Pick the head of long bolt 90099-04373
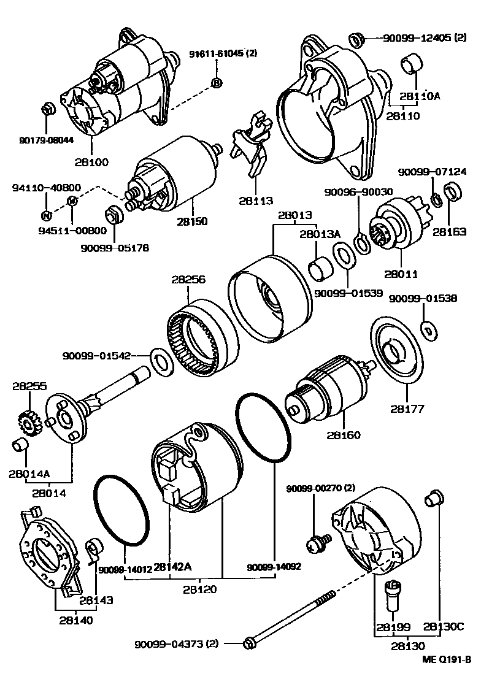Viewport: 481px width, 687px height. click(249, 643)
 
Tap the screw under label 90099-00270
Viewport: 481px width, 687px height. click(320, 540)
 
